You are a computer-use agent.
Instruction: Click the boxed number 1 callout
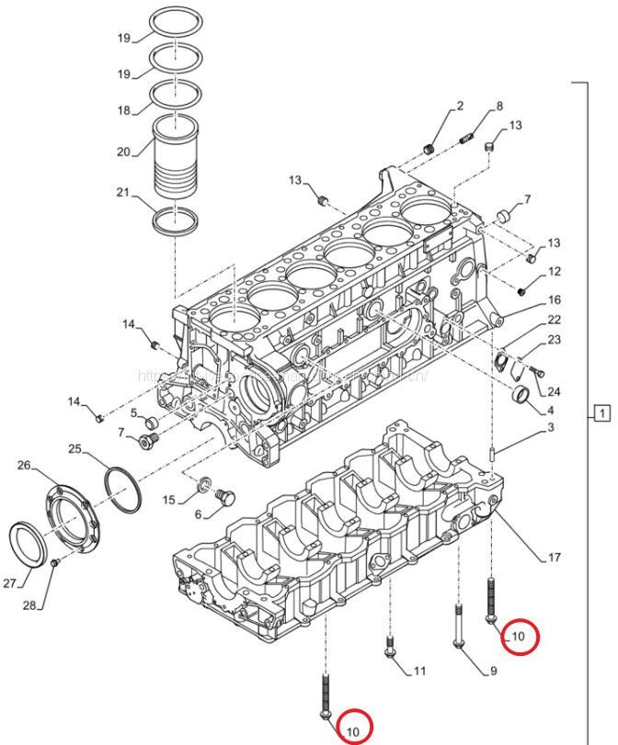pyautogui.click(x=601, y=412)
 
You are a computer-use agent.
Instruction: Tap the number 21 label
pyautogui.click(x=123, y=192)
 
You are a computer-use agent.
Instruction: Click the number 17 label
pyautogui.click(x=555, y=558)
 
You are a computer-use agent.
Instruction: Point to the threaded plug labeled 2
pyautogui.click(x=428, y=149)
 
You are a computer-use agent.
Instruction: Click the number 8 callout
pyautogui.click(x=499, y=106)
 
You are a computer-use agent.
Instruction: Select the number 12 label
pyautogui.click(x=554, y=272)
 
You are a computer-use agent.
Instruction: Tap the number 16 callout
pyautogui.click(x=554, y=300)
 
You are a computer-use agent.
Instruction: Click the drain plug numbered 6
pyautogui.click(x=221, y=500)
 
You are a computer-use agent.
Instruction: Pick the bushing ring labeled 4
pyautogui.click(x=521, y=397)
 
